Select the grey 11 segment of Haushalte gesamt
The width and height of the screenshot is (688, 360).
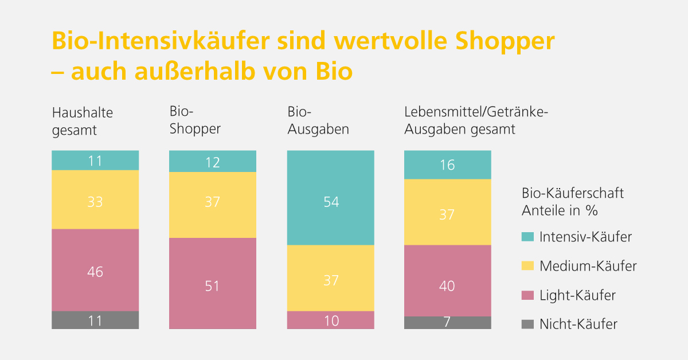click(95, 320)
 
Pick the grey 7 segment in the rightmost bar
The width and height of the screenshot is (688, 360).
click(448, 323)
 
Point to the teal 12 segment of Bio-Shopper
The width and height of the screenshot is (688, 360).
click(213, 161)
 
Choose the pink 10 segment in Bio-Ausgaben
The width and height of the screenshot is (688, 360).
click(330, 320)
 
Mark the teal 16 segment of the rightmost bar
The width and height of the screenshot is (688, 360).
click(448, 165)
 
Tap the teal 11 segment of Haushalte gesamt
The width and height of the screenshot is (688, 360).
click(95, 160)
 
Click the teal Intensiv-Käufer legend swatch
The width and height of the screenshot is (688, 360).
click(527, 236)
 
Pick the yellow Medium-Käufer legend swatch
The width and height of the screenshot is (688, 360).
click(527, 266)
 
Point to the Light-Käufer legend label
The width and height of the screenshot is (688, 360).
click(577, 296)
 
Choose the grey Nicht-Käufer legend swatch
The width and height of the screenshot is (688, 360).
click(527, 324)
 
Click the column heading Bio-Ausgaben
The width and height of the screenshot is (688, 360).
click(318, 120)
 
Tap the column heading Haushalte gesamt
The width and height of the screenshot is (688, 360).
click(83, 121)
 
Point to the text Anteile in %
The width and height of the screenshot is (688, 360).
click(560, 210)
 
